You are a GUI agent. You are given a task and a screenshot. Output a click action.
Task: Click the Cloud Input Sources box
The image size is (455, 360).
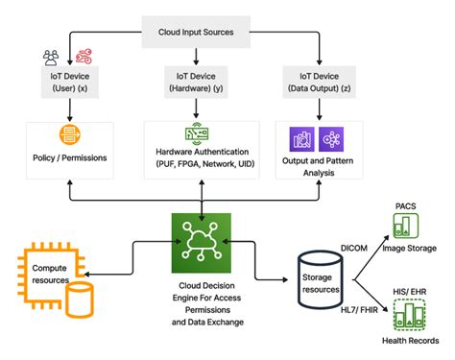click(x=202, y=32)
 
